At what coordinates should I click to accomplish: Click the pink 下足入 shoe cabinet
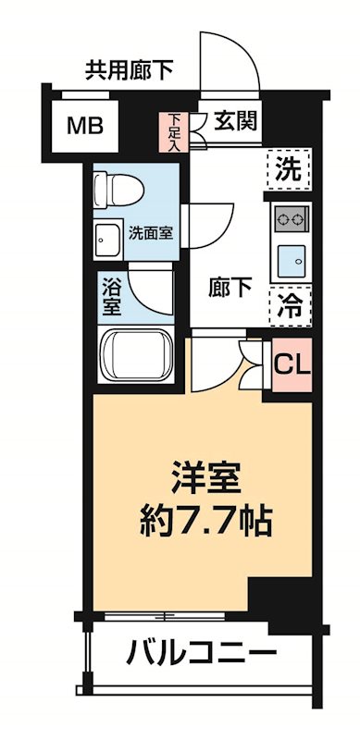coord(174,131)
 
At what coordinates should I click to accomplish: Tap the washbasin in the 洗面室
coord(106,238)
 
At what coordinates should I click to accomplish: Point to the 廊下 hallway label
coord(230,288)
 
